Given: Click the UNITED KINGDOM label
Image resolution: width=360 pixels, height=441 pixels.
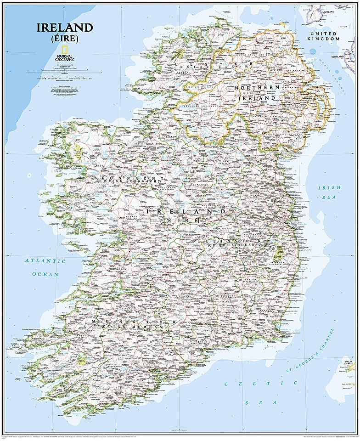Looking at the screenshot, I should point(324,36).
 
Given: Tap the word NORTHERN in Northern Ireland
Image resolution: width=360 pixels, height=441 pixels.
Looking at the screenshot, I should point(257,87).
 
